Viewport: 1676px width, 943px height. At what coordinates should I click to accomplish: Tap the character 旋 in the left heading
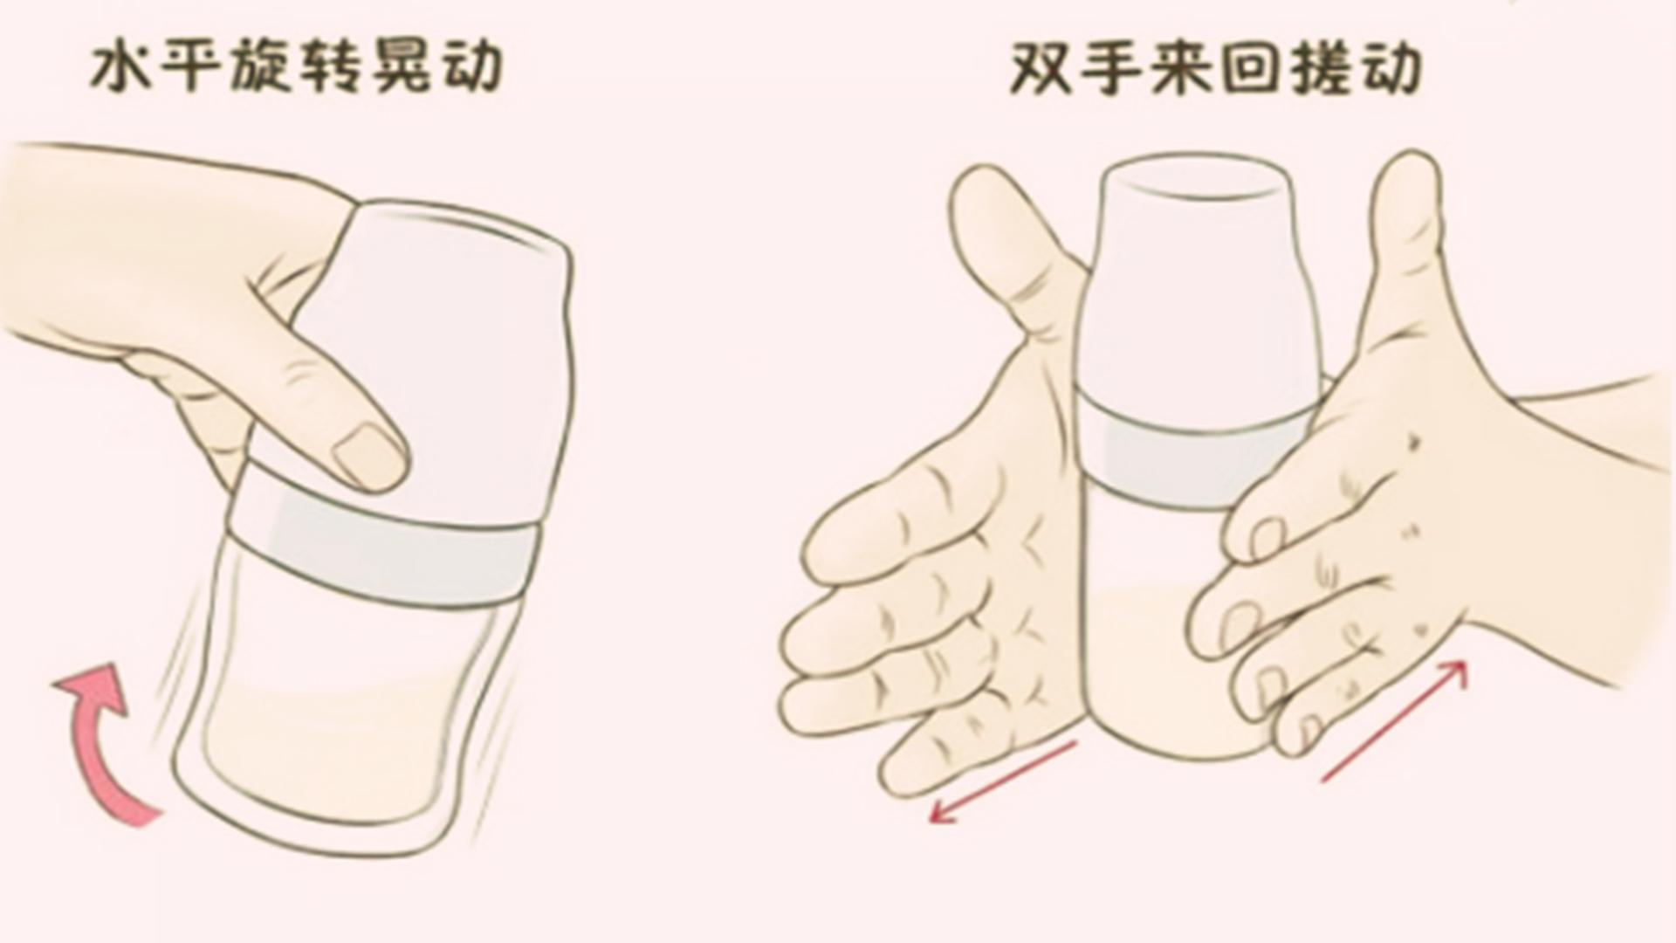pyautogui.click(x=258, y=68)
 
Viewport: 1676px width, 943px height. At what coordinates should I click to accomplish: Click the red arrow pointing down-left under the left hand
pyautogui.click(x=1004, y=782)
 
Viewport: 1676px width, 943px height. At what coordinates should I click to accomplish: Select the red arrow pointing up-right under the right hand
pyautogui.click(x=1395, y=719)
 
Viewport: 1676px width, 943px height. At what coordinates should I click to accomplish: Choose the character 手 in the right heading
pyautogui.click(x=1109, y=68)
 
